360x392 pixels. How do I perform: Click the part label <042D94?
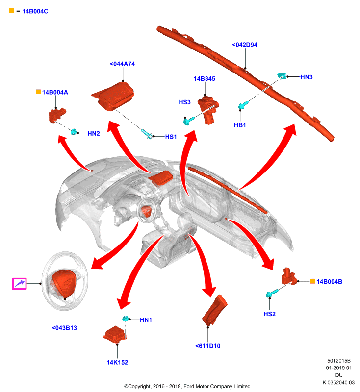[x=245, y=45]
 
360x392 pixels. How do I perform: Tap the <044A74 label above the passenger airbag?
[x=122, y=64]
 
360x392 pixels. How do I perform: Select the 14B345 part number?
[x=205, y=79]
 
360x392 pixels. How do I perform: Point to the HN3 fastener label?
[x=307, y=77]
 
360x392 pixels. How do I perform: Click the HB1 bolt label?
[x=240, y=125]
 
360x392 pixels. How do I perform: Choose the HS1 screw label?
[x=171, y=137]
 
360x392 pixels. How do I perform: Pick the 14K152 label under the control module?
[x=117, y=362]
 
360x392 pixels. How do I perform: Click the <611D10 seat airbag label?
[x=208, y=346]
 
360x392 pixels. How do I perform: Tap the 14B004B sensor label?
[x=329, y=282]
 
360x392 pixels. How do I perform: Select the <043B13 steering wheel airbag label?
[x=64, y=328]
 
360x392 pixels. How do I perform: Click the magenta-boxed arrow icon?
[x=19, y=284]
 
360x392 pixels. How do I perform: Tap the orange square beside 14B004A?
[x=38, y=92]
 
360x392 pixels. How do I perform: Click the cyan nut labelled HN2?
[x=74, y=131]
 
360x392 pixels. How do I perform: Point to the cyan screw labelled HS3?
[x=188, y=121]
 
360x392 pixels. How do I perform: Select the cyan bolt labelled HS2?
[x=271, y=293]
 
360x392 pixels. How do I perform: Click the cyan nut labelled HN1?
[x=126, y=318]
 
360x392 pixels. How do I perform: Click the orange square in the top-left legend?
[x=11, y=11]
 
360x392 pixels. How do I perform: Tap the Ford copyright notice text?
[x=187, y=386]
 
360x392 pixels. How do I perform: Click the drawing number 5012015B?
[x=339, y=361]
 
